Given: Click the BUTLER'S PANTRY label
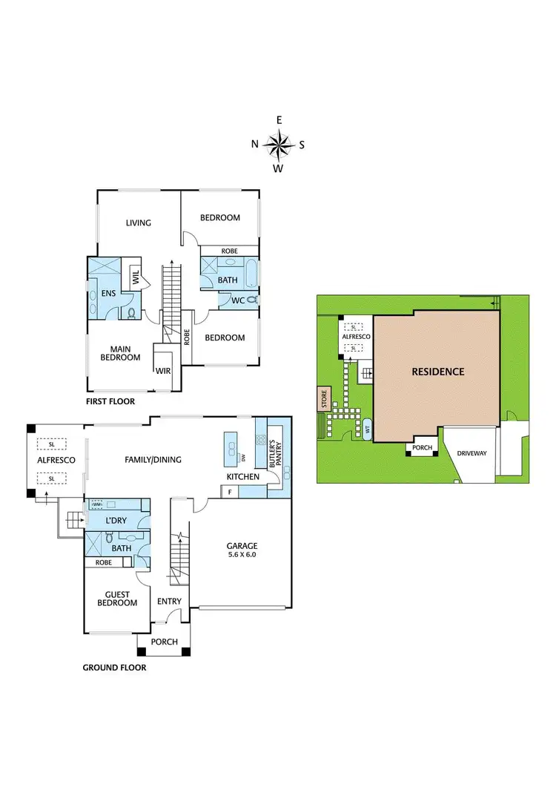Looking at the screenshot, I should pos(272,451).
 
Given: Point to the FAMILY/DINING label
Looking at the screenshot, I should pos(153,460).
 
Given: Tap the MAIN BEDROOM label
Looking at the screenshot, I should pos(120,352).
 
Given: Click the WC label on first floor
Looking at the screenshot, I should pos(237,300).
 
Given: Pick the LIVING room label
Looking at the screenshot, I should pos(138,223).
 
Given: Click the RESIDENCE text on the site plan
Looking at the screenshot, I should pos(437,372).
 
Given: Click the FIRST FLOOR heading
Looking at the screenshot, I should pos(110,401).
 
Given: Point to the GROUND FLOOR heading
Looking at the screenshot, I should pos(114,668).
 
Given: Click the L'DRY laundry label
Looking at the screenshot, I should pos(117,520).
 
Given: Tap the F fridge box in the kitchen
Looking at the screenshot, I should pos(231,492).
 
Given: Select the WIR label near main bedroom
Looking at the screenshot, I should pos(164,371).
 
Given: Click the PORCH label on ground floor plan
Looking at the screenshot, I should pos(164,642).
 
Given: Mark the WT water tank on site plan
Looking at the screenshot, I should pos(366,429).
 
